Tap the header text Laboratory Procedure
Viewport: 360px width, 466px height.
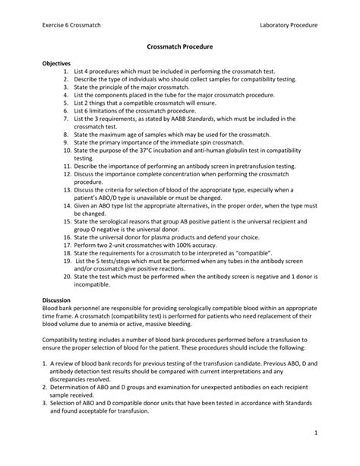click(288, 26)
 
